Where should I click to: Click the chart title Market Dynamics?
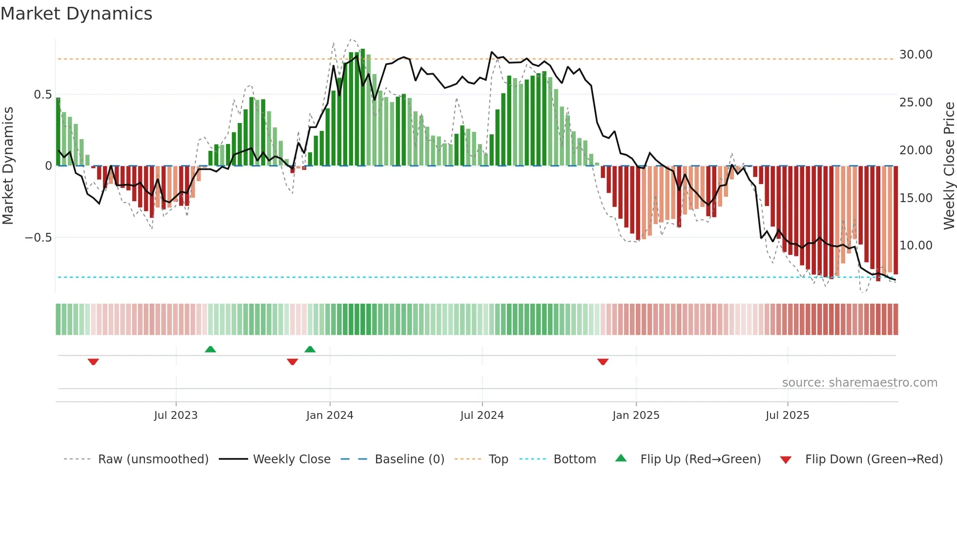[x=77, y=14]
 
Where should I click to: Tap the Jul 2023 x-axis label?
[x=176, y=415]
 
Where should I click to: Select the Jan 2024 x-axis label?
[x=330, y=415]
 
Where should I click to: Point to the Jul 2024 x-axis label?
[x=482, y=415]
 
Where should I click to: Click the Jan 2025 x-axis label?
[x=636, y=415]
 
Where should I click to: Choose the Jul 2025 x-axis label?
[x=787, y=415]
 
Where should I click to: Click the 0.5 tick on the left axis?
[x=42, y=95]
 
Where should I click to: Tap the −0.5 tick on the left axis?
[x=38, y=238]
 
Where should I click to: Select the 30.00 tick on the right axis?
[x=915, y=55]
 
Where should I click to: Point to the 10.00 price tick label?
[x=915, y=246]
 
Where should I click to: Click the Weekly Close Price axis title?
[x=949, y=166]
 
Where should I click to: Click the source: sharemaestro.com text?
[x=859, y=383]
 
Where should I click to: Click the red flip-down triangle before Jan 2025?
[x=603, y=362]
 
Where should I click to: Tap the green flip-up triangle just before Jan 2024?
[x=310, y=349]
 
